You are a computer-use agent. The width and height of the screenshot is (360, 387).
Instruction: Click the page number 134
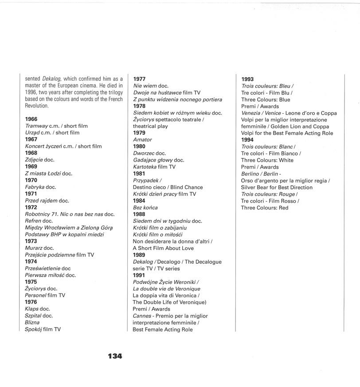(x=114, y=356)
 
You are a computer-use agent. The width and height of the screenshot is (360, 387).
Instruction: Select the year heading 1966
(x=31, y=119)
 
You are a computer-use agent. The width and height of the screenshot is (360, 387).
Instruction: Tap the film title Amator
(x=142, y=140)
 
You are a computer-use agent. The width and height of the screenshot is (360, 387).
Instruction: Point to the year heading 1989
(x=140, y=255)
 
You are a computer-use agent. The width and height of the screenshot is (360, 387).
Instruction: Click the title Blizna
(x=32, y=323)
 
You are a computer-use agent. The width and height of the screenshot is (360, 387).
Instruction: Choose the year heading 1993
(x=247, y=79)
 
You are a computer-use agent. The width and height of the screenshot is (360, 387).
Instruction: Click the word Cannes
(x=143, y=316)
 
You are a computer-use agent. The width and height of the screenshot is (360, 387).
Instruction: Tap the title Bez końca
(x=145, y=208)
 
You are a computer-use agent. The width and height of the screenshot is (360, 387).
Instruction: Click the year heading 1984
(x=140, y=201)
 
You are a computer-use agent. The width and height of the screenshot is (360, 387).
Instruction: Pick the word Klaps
(x=32, y=309)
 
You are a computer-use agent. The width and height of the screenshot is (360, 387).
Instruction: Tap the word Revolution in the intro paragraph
(x=37, y=106)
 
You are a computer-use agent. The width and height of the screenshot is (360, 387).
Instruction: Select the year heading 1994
(x=247, y=140)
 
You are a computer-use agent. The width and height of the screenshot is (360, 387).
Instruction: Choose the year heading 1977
(x=140, y=79)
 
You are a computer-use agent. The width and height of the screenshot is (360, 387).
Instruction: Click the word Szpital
(x=33, y=316)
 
